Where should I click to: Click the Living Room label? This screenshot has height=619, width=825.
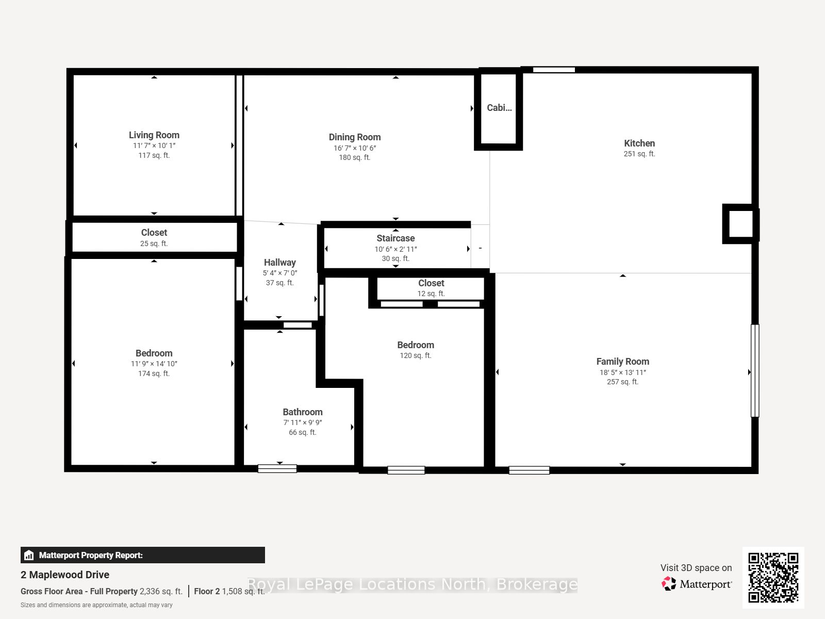coord(154,135)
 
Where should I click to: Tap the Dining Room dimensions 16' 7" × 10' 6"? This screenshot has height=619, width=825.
coord(355,148)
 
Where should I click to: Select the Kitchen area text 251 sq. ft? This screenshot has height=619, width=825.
coord(639,154)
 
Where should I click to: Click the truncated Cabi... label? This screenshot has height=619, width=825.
coord(499,108)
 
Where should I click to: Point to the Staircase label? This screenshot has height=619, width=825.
coord(396,238)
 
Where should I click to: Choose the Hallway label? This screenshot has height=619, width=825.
coord(279,263)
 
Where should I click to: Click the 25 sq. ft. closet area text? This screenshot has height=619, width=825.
coord(154,243)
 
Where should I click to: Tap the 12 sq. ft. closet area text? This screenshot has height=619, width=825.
coord(431,294)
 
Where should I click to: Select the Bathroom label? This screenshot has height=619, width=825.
coord(303,412)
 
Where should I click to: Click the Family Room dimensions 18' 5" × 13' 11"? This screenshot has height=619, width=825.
coord(623,372)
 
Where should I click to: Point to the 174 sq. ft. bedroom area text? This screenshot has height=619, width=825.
coord(154,373)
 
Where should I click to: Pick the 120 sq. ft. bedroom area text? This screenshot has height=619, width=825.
coord(415,355)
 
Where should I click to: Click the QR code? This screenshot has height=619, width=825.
coord(773,578)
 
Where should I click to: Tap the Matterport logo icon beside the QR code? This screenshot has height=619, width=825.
coord(669,584)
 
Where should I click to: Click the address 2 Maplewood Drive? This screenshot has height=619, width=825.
coord(65,575)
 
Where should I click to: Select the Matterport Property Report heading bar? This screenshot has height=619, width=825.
coord(143,555)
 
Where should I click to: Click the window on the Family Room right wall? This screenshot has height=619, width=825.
coord(755,370)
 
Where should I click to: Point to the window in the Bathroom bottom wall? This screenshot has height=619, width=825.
coord(277,469)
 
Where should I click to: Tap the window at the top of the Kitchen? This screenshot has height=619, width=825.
coord(554,70)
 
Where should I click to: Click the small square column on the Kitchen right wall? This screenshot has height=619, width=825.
coord(740,224)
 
